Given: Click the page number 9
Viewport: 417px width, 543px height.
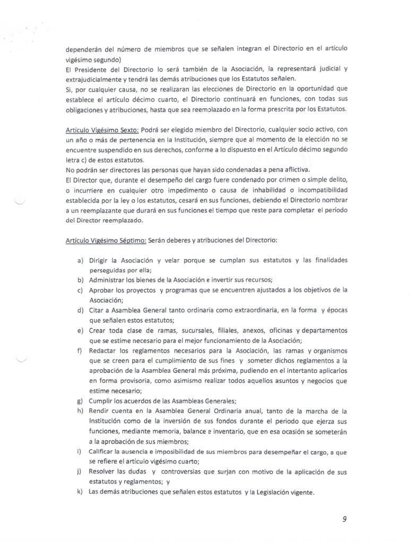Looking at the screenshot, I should [344, 519].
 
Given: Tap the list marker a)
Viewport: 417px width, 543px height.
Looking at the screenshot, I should [80, 261].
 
